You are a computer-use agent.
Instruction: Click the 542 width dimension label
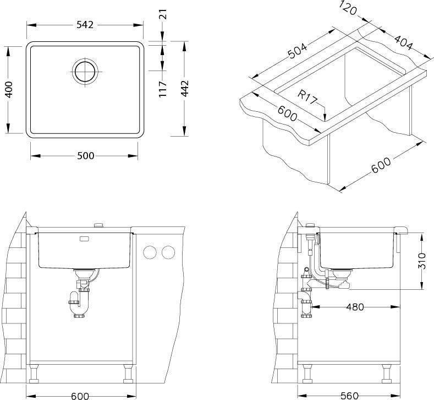pos(85,25)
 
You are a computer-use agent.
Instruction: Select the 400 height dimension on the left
pos(9,90)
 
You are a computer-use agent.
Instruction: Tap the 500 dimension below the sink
pos(85,156)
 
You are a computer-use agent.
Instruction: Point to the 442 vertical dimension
pos(185,88)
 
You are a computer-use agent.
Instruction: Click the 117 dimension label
pos(162,89)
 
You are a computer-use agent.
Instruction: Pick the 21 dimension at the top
pos(163,14)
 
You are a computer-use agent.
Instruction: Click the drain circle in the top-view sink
pos(85,72)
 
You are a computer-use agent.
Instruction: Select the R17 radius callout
pos(307,97)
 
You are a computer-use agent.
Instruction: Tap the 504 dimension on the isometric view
pos(298,51)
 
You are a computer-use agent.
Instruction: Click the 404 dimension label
pos(403,42)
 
